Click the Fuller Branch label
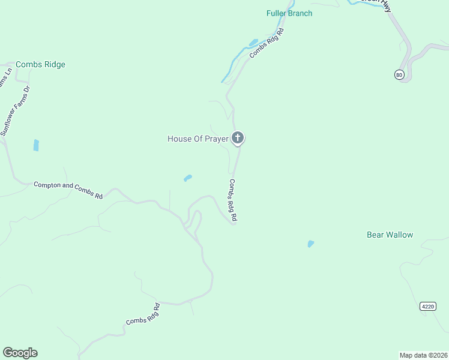(x=289, y=13)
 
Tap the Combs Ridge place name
(x=40, y=64)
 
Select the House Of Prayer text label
(x=197, y=139)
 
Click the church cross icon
(x=238, y=139)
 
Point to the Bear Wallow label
(x=390, y=235)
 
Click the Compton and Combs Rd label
(x=68, y=190)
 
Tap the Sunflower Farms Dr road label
(x=15, y=110)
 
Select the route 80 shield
(x=400, y=74)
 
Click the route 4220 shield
(x=427, y=306)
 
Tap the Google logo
(x=20, y=353)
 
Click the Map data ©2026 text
(x=423, y=355)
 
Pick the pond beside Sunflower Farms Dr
(x=36, y=145)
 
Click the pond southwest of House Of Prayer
(x=188, y=178)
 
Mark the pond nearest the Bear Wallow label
(x=310, y=244)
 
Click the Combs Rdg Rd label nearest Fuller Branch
(x=266, y=43)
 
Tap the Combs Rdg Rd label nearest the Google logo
(x=143, y=314)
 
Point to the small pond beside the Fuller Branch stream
(x=253, y=43)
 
